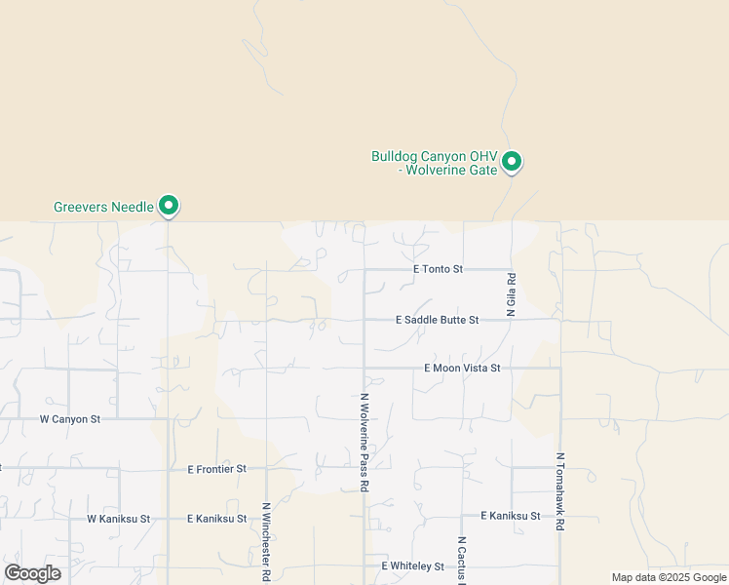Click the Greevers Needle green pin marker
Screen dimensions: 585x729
[x=169, y=205]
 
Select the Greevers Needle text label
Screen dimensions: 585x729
[x=103, y=207]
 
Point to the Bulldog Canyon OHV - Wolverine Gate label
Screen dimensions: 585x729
[x=435, y=163]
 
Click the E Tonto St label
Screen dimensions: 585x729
[x=437, y=268]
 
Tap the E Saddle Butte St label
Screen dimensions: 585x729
[x=438, y=320]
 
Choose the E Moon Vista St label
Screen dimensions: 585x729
[x=462, y=368]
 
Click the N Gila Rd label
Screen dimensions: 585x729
[x=510, y=293]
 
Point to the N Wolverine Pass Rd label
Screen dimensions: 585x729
[x=364, y=441]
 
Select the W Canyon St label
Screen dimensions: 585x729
[x=70, y=419]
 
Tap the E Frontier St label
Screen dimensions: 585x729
[x=217, y=469]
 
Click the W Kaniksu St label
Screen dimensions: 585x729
[x=118, y=520]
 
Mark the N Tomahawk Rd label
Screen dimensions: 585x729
[x=560, y=490]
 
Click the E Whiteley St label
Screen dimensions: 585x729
[x=412, y=565]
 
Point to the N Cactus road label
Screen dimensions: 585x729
[x=462, y=561]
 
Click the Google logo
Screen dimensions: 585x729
[x=33, y=573]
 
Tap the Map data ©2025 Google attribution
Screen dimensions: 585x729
[x=670, y=577]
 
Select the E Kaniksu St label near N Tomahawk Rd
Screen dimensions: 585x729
[x=511, y=515]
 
